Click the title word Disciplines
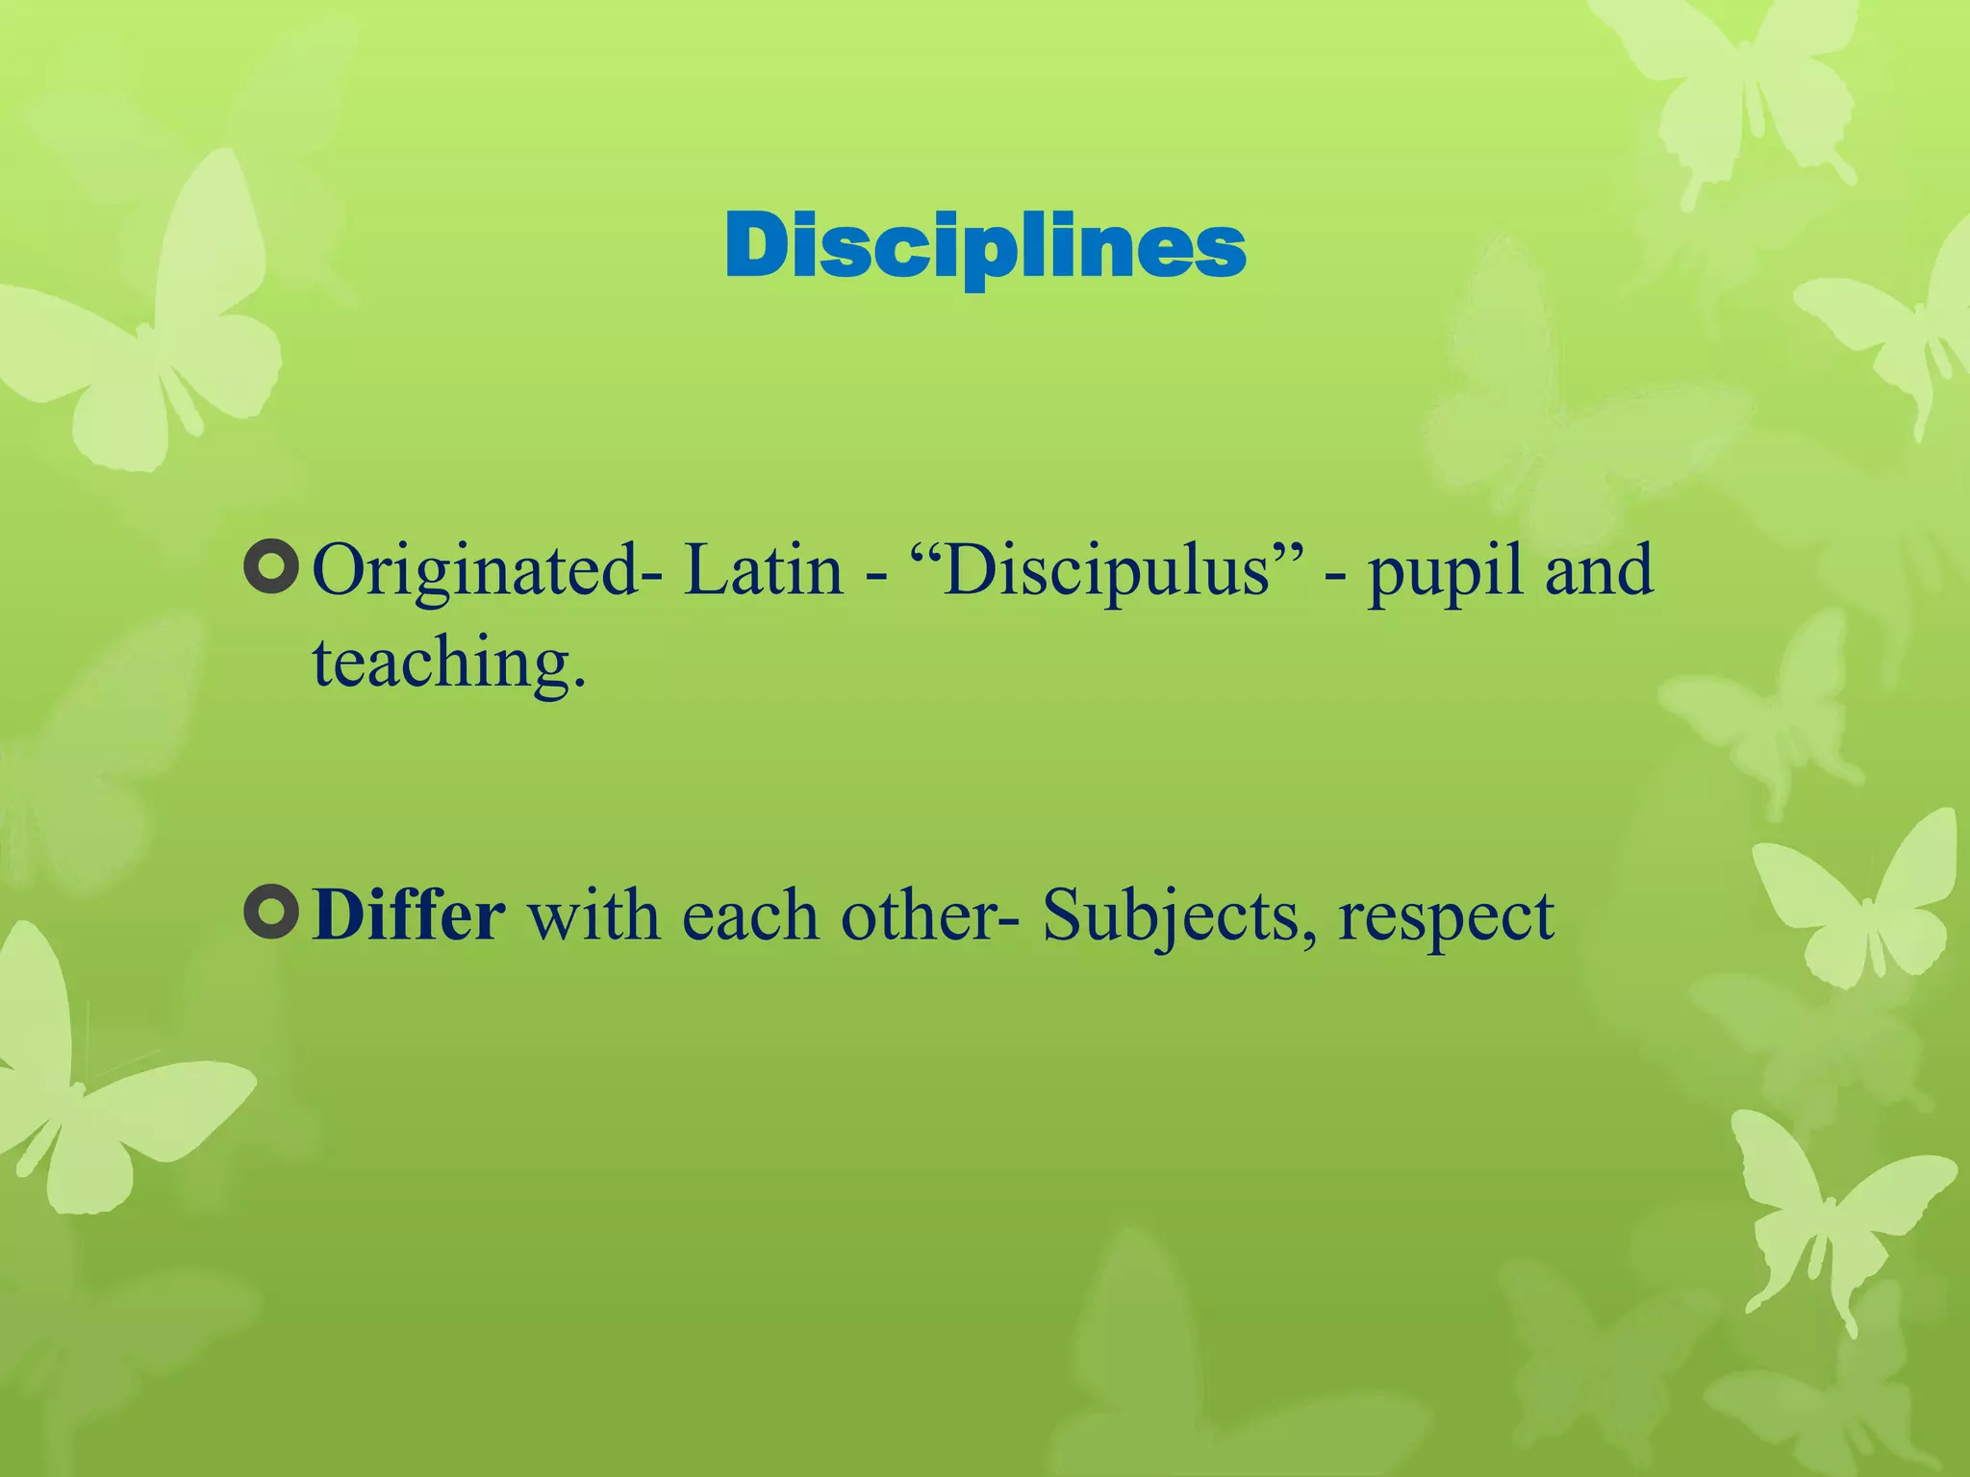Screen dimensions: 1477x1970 [x=985, y=247]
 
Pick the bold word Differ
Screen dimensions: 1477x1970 [x=409, y=914]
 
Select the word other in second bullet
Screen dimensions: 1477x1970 [x=919, y=914]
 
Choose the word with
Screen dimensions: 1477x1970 [x=594, y=914]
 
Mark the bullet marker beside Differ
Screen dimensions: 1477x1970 [x=271, y=912]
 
